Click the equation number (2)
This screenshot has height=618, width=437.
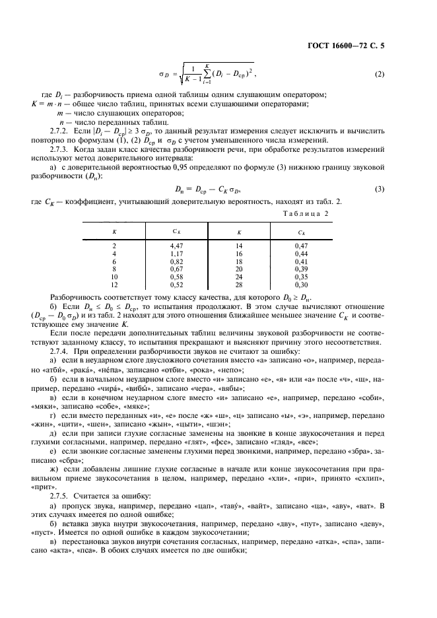coord(379,73)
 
